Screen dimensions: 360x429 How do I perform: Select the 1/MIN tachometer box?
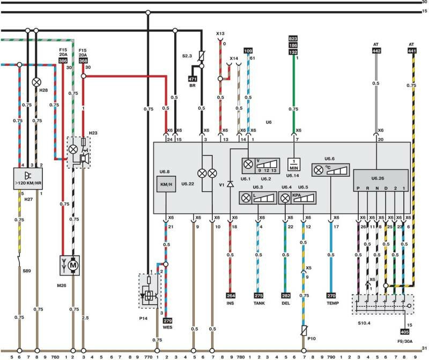[x=294, y=163]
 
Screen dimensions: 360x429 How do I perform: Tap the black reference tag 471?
[x=193, y=79]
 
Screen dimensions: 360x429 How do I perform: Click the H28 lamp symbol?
[x=36, y=82]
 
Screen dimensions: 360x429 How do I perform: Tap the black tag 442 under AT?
[x=377, y=50]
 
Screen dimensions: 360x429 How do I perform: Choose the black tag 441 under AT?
[x=412, y=50]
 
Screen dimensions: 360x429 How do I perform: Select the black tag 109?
[x=247, y=50]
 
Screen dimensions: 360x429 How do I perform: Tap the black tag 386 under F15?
[x=62, y=61]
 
